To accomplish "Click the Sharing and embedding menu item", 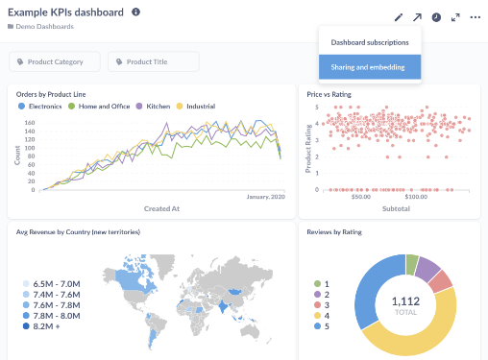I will click(x=369, y=66).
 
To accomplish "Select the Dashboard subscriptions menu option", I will click(x=369, y=42).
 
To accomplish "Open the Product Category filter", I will click(x=55, y=61).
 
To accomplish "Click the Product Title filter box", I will click(x=154, y=61).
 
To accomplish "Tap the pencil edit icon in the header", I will click(x=399, y=17).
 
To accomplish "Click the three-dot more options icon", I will click(x=475, y=17).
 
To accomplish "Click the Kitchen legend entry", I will click(x=155, y=106).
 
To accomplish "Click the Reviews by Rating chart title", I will click(x=335, y=231).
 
